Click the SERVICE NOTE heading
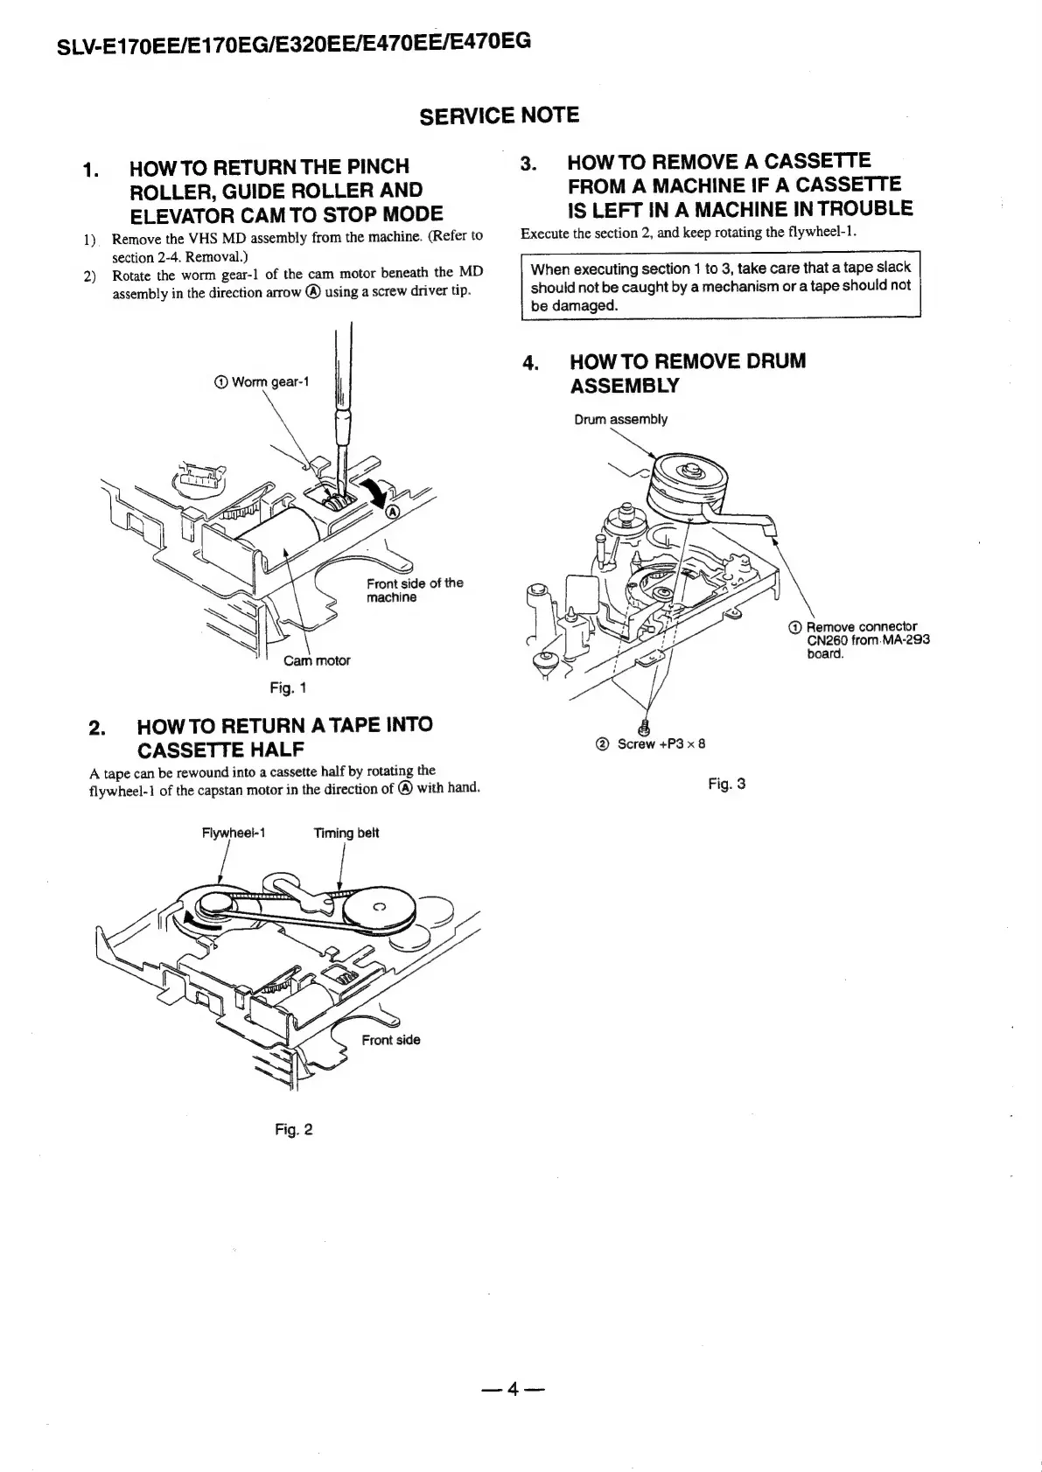pyautogui.click(x=499, y=115)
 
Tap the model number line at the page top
pyautogui.click(x=293, y=44)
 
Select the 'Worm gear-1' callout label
pyautogui.click(x=262, y=382)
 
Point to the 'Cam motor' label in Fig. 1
pyautogui.click(x=316, y=661)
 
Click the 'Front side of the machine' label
pyautogui.click(x=414, y=590)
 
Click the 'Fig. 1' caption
pyautogui.click(x=287, y=688)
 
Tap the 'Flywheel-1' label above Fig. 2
pyautogui.click(x=233, y=834)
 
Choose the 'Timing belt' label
pyautogui.click(x=346, y=834)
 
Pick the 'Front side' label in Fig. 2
pyautogui.click(x=390, y=1040)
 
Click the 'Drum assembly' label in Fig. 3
pyautogui.click(x=620, y=420)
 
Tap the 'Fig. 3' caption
pyautogui.click(x=726, y=784)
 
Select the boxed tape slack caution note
pyautogui.click(x=720, y=286)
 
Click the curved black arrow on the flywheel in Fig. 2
pyautogui.click(x=197, y=918)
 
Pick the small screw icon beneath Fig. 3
pyautogui.click(x=646, y=725)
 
